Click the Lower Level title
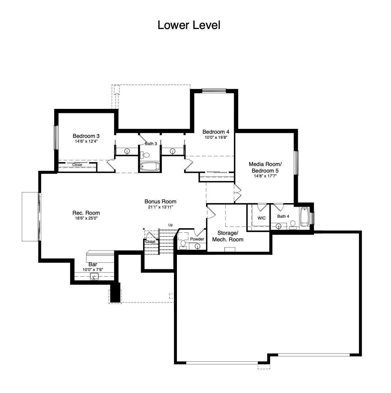pyautogui.click(x=189, y=25)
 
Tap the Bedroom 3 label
pyautogui.click(x=86, y=136)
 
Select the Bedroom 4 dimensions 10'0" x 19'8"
pyautogui.click(x=216, y=137)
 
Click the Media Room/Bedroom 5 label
pyautogui.click(x=265, y=167)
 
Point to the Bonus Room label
pyautogui.click(x=160, y=202)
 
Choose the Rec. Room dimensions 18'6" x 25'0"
pyautogui.click(x=86, y=218)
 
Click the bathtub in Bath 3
pyautogui.click(x=150, y=166)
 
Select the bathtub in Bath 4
pyautogui.click(x=304, y=217)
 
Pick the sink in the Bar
pyautogui.click(x=94, y=277)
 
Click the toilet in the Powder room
pyautogui.click(x=183, y=245)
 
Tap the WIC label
pyautogui.click(x=261, y=218)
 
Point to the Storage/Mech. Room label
pyautogui.click(x=228, y=236)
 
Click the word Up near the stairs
pyautogui.click(x=170, y=225)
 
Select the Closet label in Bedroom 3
pyautogui.click(x=77, y=165)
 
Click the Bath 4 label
pyautogui.click(x=283, y=216)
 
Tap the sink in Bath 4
pyautogui.click(x=278, y=226)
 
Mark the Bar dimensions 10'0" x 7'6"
pyautogui.click(x=93, y=269)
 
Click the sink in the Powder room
pyautogui.click(x=197, y=246)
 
